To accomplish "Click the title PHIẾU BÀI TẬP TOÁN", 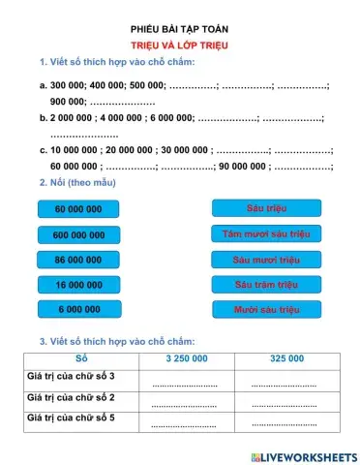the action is point(180,29).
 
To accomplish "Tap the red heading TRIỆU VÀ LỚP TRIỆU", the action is point(180,46).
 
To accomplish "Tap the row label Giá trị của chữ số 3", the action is point(73,376).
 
